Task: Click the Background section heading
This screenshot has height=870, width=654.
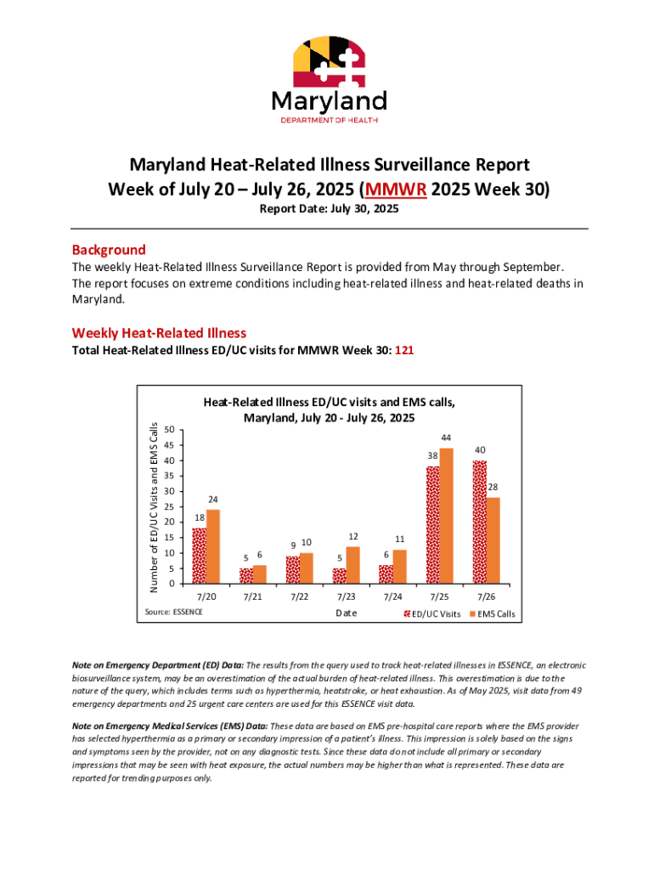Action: (x=109, y=250)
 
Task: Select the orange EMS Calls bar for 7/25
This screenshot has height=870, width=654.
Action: (x=446, y=516)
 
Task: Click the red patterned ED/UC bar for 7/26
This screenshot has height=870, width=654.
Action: (x=479, y=522)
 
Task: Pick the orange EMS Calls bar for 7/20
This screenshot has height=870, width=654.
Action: (x=213, y=546)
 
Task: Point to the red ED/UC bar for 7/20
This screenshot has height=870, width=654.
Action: (x=199, y=556)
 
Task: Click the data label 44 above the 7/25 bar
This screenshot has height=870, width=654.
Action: (x=446, y=438)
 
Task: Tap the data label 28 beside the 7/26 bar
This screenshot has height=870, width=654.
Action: (x=493, y=487)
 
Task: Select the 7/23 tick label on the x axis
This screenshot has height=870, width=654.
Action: (x=345, y=597)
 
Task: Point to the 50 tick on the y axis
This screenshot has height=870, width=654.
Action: (x=170, y=430)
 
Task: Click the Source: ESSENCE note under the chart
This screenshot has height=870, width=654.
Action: (x=173, y=612)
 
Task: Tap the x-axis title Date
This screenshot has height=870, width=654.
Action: (x=347, y=613)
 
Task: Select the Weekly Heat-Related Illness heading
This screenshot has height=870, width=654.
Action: (x=159, y=332)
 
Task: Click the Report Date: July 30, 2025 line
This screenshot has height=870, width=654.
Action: (x=328, y=209)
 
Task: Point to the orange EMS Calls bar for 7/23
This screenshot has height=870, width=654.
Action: (x=353, y=565)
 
